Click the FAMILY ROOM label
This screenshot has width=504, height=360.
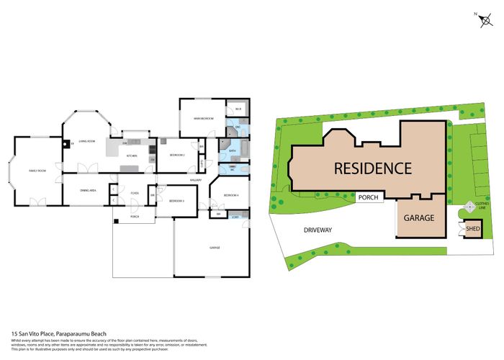[37, 170]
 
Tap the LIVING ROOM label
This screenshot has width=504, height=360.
[88, 142]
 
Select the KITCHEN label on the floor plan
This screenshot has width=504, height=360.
[132, 156]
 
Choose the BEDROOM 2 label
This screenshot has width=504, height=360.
[177, 155]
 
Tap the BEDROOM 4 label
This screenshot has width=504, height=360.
[230, 195]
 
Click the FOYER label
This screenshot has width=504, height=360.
[135, 194]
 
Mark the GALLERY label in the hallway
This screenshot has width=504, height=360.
[194, 180]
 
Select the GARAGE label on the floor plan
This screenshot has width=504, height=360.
[214, 247]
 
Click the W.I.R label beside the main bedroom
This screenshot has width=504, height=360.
[238, 109]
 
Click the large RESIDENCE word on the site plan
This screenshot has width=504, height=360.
[372, 168]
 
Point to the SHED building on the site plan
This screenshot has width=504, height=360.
[472, 230]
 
